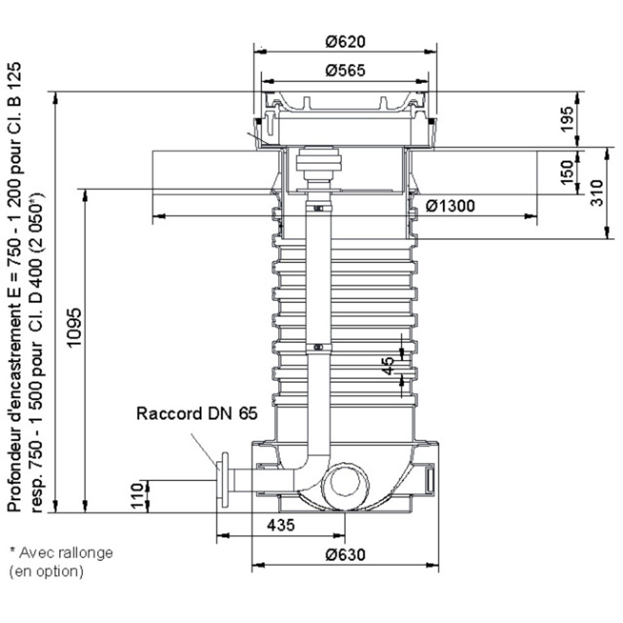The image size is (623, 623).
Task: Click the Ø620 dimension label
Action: coord(345,42)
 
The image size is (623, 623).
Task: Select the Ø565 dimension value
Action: coord(345,71)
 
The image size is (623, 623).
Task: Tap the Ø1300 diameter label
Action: coord(450,206)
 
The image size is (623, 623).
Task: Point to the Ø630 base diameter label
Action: coord(345,554)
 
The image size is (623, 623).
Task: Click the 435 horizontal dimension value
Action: coord(281,525)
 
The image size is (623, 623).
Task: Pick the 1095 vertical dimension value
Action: coord(74,328)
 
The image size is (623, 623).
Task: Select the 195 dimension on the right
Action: coord(566,119)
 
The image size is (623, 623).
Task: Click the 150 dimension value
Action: coord(567,173)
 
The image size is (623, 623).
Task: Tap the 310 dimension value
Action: coord(596,193)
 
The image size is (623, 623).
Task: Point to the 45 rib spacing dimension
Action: coord(388,366)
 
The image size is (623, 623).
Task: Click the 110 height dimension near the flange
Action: coord(137,496)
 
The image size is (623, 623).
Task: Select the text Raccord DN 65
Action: coord(197,414)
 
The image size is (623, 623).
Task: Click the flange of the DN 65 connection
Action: coord(224,480)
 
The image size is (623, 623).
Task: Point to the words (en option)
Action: coord(47,571)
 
